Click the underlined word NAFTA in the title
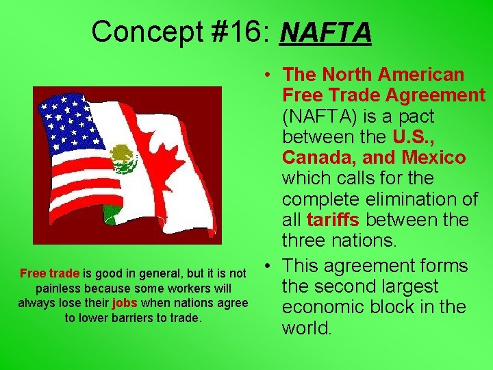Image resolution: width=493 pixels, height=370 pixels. pyautogui.click(x=325, y=32)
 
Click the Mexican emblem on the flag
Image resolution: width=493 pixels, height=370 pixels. pyautogui.click(x=124, y=159)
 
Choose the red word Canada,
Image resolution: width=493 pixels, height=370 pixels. pyautogui.click(x=319, y=158)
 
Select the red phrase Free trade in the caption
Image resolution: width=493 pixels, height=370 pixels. pyautogui.click(x=50, y=273)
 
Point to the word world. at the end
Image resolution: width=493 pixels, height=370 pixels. pyautogui.click(x=307, y=328)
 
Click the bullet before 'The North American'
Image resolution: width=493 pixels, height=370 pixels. pyautogui.click(x=272, y=75)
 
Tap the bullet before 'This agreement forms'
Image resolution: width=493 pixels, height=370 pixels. pyautogui.click(x=272, y=266)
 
